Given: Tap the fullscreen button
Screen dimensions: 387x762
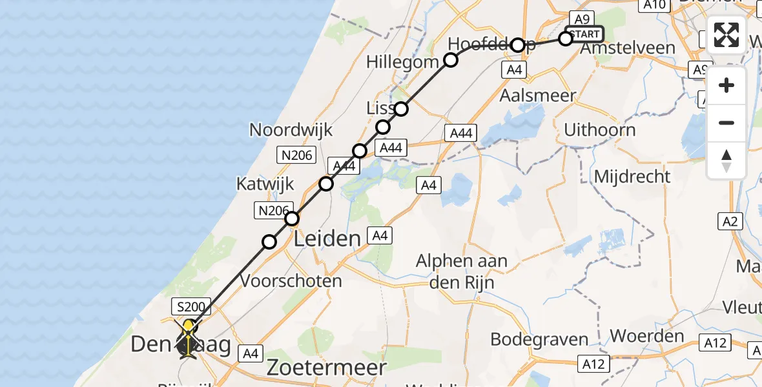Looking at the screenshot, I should (x=726, y=35).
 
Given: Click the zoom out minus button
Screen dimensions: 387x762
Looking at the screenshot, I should (x=726, y=123).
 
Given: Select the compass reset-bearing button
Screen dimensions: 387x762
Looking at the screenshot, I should (x=726, y=160).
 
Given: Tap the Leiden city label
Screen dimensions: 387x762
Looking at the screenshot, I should (x=327, y=239).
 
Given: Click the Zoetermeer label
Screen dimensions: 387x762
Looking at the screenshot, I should (x=326, y=368).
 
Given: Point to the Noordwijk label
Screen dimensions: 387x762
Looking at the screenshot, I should (x=291, y=130).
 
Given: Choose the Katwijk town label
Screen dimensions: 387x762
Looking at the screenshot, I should (x=265, y=184).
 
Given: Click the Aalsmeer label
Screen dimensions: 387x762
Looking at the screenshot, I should (x=528, y=95).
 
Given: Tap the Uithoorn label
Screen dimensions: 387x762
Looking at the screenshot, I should (x=599, y=130).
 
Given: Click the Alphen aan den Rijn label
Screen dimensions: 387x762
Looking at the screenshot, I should (x=462, y=272).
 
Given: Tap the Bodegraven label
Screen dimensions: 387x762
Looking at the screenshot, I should (x=539, y=339).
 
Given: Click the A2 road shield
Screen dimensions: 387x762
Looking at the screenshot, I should (x=730, y=222).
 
